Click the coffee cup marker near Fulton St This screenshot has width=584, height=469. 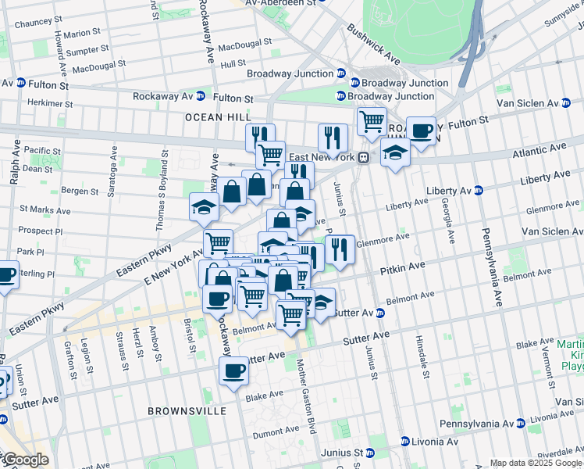pyautogui.click(x=421, y=131)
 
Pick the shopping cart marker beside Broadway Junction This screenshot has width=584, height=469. pyautogui.click(x=372, y=121)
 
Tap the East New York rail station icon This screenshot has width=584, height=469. pyautogui.click(x=364, y=157)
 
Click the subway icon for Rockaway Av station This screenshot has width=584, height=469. pyautogui.click(x=200, y=96)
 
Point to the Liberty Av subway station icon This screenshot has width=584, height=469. pyautogui.click(x=479, y=191)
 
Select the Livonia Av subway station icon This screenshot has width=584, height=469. pyautogui.click(x=405, y=441)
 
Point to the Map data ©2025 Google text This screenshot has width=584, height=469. pyautogui.click(x=536, y=463)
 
